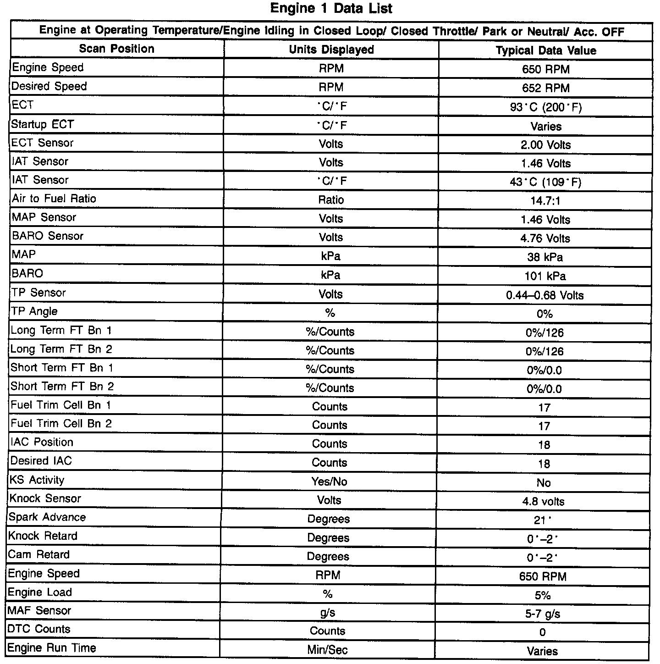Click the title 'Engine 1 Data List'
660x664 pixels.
tap(331, 8)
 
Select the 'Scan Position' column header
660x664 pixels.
tap(116, 49)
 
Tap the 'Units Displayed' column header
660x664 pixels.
tap(331, 50)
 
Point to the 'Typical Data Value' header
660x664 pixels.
tap(546, 50)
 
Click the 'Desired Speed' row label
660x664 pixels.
tap(49, 86)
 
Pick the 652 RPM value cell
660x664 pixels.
tap(545, 88)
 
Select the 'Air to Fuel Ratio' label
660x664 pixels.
tap(54, 199)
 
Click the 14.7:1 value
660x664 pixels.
tap(545, 201)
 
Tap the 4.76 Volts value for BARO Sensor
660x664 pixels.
tap(545, 238)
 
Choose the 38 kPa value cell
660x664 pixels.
tap(545, 257)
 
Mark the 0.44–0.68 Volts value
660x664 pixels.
tap(544, 295)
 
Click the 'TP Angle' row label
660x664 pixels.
tap(35, 311)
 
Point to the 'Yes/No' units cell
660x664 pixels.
tap(329, 481)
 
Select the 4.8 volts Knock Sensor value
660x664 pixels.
tap(543, 502)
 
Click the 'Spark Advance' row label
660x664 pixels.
tap(47, 517)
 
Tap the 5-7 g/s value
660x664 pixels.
tap(543, 614)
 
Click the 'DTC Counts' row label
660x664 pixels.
tap(39, 629)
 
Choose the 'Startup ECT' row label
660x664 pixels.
tap(42, 124)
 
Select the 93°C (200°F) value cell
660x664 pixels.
tap(545, 107)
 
